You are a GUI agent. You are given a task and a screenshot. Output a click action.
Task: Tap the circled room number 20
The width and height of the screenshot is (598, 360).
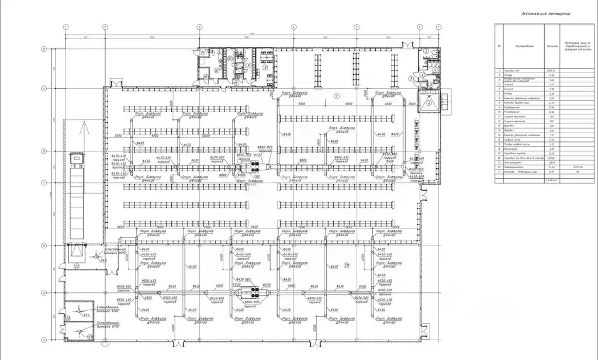pyautogui.click(x=347, y=265)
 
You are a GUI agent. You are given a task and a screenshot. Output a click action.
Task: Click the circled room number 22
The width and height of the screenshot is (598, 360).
pyautogui.click(x=67, y=318)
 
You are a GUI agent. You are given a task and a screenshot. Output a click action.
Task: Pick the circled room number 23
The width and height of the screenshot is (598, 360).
pyautogui.click(x=89, y=337)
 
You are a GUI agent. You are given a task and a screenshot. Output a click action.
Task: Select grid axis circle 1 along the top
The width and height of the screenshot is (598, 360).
pyautogui.click(x=67, y=27)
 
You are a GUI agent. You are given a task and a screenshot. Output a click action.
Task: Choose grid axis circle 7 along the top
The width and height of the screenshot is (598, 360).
pyautogui.click(x=419, y=27)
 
